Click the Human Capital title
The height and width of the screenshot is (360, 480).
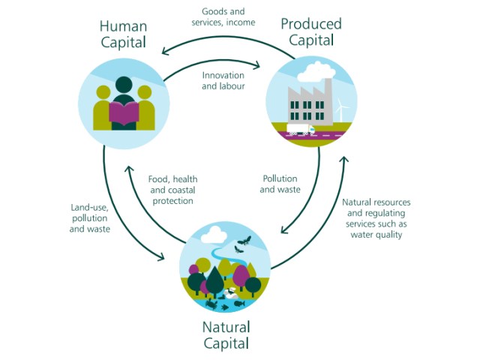click(x=123, y=35)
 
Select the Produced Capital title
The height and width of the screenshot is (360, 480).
click(x=311, y=32)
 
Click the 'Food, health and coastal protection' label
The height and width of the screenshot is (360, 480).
click(x=172, y=190)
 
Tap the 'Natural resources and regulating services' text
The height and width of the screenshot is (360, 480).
click(x=376, y=218)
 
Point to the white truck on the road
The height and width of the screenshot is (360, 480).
click(x=300, y=130)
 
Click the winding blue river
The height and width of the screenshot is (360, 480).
click(x=225, y=259)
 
